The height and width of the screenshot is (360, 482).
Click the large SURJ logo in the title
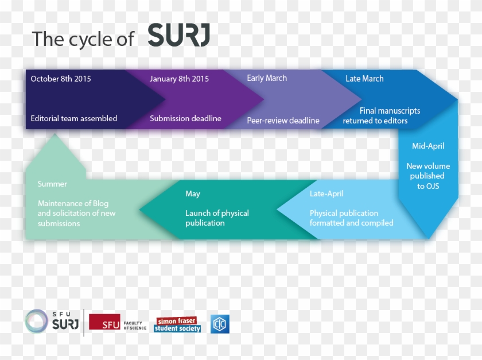click(178, 36)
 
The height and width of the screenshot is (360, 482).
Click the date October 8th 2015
click(61, 79)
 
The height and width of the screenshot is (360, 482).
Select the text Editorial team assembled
click(73, 118)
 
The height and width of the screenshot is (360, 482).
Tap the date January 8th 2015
click(179, 79)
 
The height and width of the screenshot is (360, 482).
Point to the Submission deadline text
click(185, 118)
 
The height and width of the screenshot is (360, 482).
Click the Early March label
click(267, 78)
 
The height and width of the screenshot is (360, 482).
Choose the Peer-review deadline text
click(283, 121)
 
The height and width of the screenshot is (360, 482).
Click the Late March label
click(364, 79)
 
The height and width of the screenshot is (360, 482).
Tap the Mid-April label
click(428, 146)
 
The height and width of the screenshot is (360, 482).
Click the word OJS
click(432, 185)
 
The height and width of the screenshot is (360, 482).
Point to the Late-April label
click(326, 194)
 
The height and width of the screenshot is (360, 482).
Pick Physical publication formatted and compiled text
click(351, 218)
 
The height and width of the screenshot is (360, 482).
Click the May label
click(192, 194)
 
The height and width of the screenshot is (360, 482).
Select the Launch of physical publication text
click(217, 218)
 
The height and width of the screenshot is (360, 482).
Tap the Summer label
click(52, 184)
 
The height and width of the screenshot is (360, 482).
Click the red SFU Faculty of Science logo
click(118, 324)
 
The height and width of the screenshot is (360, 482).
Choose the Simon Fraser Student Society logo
click(178, 324)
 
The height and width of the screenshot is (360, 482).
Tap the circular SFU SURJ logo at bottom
click(37, 321)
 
